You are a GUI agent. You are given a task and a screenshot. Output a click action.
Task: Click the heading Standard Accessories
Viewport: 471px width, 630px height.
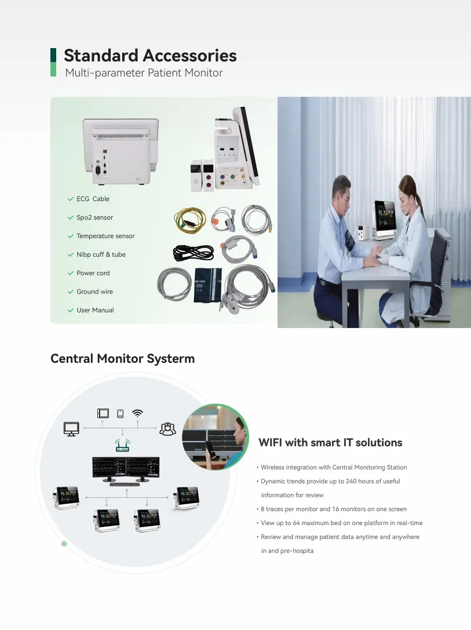tap(150, 56)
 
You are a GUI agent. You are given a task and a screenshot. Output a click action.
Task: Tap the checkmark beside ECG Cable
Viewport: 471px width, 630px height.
tap(71, 199)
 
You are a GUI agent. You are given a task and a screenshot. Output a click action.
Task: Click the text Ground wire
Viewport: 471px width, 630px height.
tap(95, 292)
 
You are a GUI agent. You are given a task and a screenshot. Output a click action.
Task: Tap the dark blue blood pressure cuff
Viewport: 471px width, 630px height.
tap(207, 285)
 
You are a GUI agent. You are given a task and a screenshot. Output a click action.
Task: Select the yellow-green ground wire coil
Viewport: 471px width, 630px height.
tap(190, 220)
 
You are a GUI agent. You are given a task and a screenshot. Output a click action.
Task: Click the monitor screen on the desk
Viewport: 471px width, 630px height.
tap(385, 215)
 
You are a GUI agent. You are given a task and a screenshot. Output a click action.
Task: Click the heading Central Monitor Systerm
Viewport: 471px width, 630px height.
tap(122, 358)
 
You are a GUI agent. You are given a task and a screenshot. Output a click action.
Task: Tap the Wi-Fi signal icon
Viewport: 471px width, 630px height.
tap(138, 413)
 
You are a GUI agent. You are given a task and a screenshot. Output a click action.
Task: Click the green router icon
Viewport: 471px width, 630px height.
tap(122, 445)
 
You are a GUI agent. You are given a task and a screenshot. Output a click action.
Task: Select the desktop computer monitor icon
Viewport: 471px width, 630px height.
tap(71, 429)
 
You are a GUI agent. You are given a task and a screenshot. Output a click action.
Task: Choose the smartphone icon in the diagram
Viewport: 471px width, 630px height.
tap(120, 413)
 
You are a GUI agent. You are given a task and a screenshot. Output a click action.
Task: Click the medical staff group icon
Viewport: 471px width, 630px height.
tap(167, 429)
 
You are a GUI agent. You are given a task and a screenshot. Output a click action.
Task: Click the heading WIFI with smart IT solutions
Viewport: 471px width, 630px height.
tap(330, 442)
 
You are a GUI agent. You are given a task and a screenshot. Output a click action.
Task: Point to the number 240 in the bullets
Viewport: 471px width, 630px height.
tap(351, 481)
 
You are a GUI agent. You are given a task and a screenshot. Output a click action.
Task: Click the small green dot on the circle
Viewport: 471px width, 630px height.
tap(64, 544)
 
